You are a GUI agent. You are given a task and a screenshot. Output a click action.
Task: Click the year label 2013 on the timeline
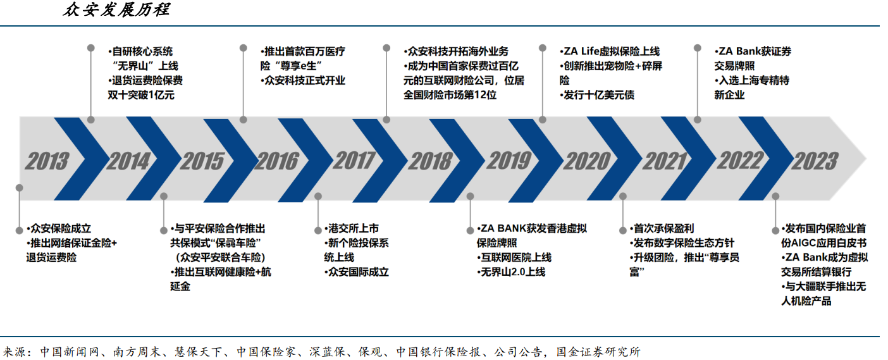point(47,161)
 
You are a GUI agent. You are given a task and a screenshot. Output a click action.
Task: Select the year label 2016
point(276,161)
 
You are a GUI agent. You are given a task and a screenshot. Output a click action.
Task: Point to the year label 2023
point(815,161)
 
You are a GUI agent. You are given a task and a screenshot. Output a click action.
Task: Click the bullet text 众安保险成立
point(61,228)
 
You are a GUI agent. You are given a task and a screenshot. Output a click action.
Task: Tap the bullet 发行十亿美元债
point(599,96)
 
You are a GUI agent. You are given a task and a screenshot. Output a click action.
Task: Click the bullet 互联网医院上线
point(515,258)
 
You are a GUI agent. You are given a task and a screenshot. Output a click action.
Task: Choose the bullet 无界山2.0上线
point(513,272)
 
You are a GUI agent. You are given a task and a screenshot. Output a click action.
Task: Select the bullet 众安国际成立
point(358,272)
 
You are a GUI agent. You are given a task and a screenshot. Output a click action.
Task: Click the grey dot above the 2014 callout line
point(91,119)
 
